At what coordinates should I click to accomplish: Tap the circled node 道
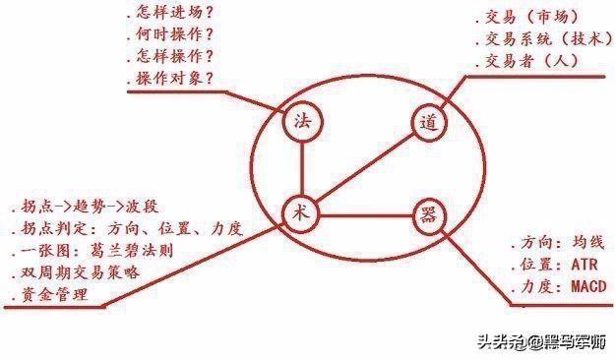[427, 124]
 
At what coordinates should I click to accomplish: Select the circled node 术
[301, 212]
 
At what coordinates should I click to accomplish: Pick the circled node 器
[426, 214]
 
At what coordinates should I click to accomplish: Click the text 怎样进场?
[176, 14]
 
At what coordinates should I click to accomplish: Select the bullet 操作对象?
[176, 78]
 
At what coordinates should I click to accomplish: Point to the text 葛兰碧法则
[137, 251]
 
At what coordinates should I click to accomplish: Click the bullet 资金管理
[53, 294]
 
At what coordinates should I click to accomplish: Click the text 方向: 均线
[558, 242]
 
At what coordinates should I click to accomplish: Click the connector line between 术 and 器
[364, 214]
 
